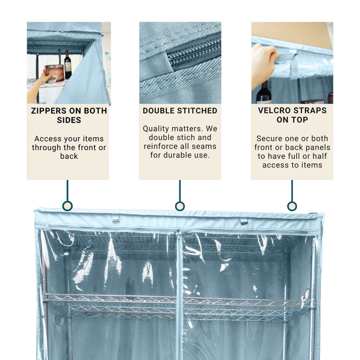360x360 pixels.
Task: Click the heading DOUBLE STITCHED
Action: click(x=180, y=110)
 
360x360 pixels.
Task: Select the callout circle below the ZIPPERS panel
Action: click(x=68, y=205)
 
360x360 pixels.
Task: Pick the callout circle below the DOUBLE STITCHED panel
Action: click(x=180, y=205)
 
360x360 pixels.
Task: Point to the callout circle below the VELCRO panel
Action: click(x=292, y=205)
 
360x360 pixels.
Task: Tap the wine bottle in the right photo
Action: click(x=264, y=93)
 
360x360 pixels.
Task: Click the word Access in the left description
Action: click(x=48, y=138)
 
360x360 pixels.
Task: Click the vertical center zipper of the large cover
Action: click(x=179, y=292)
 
